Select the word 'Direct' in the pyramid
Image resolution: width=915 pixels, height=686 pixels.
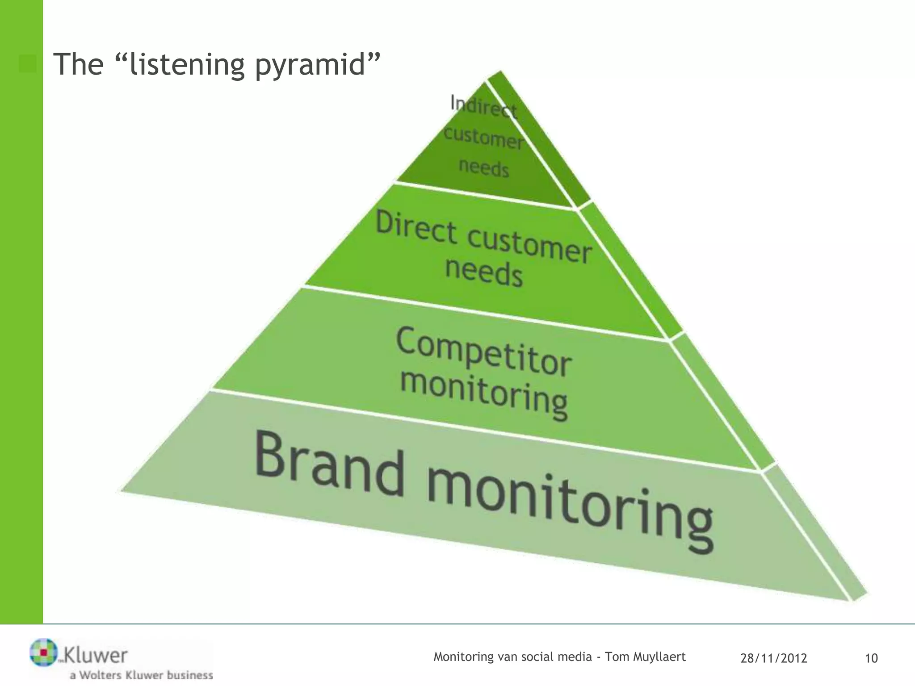click(x=416, y=228)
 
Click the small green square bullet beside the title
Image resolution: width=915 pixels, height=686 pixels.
click(x=28, y=64)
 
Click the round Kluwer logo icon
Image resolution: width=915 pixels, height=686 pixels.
click(x=43, y=652)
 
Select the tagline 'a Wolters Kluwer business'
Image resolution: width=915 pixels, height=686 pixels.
click(x=141, y=675)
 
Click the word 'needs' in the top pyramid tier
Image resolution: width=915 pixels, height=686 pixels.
click(x=484, y=168)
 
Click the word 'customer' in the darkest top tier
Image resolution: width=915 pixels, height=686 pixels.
click(x=484, y=138)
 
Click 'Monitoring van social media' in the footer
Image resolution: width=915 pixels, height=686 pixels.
click(x=512, y=657)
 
